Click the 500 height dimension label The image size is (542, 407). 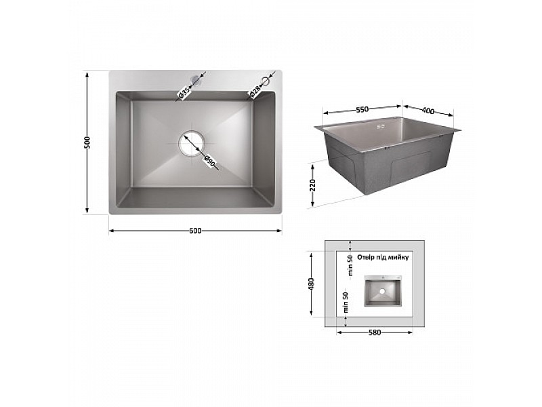point(87,142)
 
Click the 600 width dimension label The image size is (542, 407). point(195,231)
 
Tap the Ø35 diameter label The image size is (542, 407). point(184,93)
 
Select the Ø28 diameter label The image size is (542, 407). point(255,91)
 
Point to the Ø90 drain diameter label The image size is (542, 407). point(209,161)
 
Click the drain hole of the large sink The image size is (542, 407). point(192,143)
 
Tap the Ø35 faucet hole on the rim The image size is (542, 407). point(196,80)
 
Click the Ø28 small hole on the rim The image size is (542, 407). point(266,81)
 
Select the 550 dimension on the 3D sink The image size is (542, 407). point(362,110)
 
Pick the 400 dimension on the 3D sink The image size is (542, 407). point(428,111)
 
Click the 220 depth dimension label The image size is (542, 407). point(312,185)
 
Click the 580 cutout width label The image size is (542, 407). point(375,332)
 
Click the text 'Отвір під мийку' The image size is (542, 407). point(383,257)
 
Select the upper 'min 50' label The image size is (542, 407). point(350,265)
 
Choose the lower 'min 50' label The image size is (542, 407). point(346,302)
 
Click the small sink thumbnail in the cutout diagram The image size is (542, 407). point(383,291)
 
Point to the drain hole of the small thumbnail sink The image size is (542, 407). point(382,292)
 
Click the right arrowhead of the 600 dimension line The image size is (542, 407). point(279,231)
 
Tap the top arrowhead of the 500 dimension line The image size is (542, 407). point(87,74)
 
